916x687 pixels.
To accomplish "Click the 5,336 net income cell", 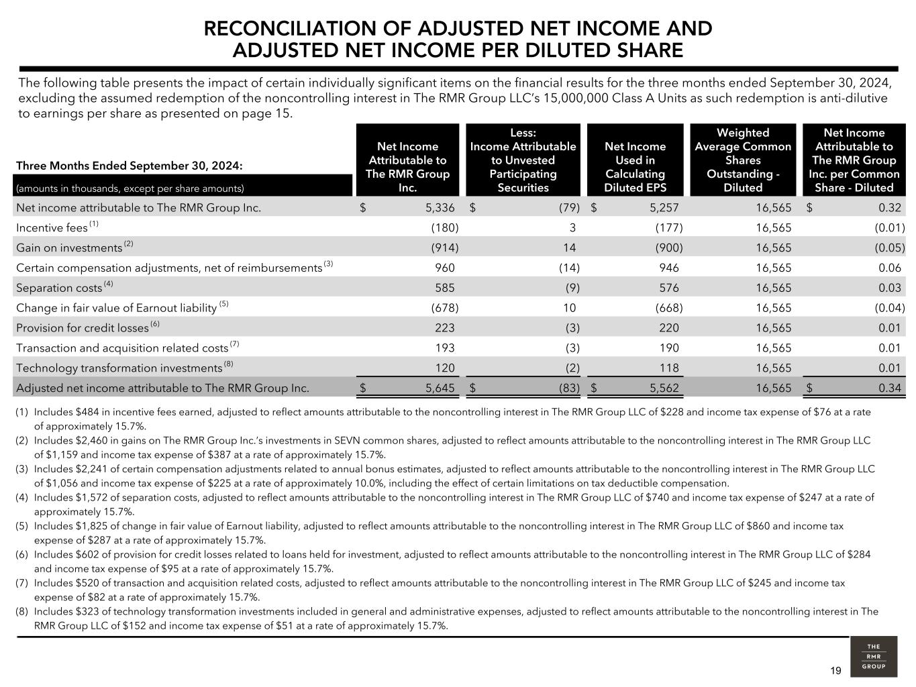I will pyautogui.click(x=440, y=208).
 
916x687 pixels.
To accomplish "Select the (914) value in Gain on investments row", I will pyautogui.click(x=444, y=248).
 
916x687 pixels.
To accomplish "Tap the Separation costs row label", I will pyautogui.click(x=59, y=288).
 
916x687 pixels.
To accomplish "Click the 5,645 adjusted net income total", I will pyautogui.click(x=440, y=388).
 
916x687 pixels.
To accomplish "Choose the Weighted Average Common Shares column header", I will pyautogui.click(x=743, y=160).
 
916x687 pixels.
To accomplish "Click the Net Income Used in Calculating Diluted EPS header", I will pyautogui.click(x=635, y=167).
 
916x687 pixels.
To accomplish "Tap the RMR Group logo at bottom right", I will pyautogui.click(x=873, y=657).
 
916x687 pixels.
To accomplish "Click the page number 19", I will pyautogui.click(x=835, y=671).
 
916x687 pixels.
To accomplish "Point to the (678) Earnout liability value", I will pyautogui.click(x=444, y=309).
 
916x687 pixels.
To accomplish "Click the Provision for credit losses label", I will pyautogui.click(x=82, y=329).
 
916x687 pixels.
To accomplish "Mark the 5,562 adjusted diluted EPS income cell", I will pyautogui.click(x=664, y=388).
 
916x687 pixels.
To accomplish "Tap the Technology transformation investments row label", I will pyautogui.click(x=119, y=368).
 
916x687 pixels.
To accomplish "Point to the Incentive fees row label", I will pyautogui.click(x=52, y=228).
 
